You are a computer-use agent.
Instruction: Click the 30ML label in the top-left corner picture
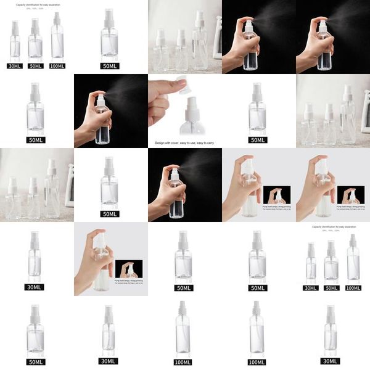pos(15,66)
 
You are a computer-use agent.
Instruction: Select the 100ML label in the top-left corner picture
pos(57,66)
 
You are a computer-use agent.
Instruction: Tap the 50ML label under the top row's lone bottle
pos(110,66)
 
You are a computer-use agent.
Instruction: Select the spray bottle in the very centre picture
pos(175,191)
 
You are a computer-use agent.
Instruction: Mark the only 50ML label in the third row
pos(110,214)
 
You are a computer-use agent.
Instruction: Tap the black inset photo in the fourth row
pos(129,269)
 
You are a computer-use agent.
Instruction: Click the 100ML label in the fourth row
pos(353,288)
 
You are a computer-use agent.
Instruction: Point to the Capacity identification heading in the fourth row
pos(333,226)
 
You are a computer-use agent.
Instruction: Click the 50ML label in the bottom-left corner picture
pos(35,361)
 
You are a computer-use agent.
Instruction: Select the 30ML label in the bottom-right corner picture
pos(331,361)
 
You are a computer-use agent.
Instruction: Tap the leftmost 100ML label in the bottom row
pos(183,361)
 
